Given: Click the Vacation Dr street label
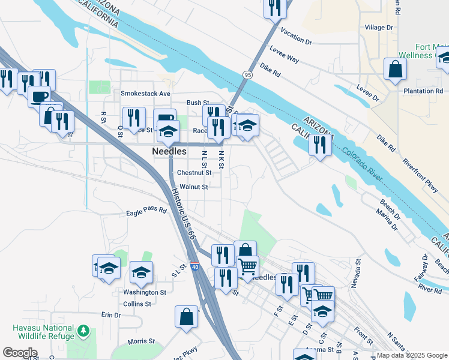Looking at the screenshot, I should [x=296, y=38].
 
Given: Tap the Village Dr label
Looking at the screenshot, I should [x=379, y=28].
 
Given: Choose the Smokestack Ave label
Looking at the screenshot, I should [x=145, y=94].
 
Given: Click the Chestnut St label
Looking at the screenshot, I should [x=194, y=172].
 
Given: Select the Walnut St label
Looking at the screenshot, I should [x=193, y=187].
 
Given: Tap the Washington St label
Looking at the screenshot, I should [x=145, y=292].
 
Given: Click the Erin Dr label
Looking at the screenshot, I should [x=111, y=314].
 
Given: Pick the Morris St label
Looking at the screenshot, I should [x=142, y=342].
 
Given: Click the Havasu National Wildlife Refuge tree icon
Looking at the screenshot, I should [x=84, y=331].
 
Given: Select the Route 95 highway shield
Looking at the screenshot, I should [x=247, y=74].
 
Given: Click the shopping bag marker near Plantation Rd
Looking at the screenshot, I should [x=396, y=68].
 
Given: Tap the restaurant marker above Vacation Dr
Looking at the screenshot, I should [x=275, y=8].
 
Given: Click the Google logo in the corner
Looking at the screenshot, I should [x=20, y=352].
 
